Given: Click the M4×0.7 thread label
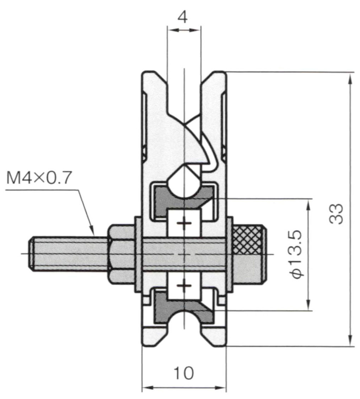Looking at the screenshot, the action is pyautogui.click(x=38, y=178).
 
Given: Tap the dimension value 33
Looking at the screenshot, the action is pyautogui.click(x=336, y=214).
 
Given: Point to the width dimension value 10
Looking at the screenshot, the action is pyautogui.click(x=184, y=373).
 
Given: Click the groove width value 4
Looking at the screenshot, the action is pyautogui.click(x=183, y=17).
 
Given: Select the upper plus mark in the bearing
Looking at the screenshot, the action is pyautogui.click(x=184, y=223).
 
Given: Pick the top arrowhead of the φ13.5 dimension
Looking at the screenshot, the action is pyautogui.click(x=308, y=205).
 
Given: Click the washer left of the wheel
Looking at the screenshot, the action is pyautogui.click(x=138, y=254).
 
